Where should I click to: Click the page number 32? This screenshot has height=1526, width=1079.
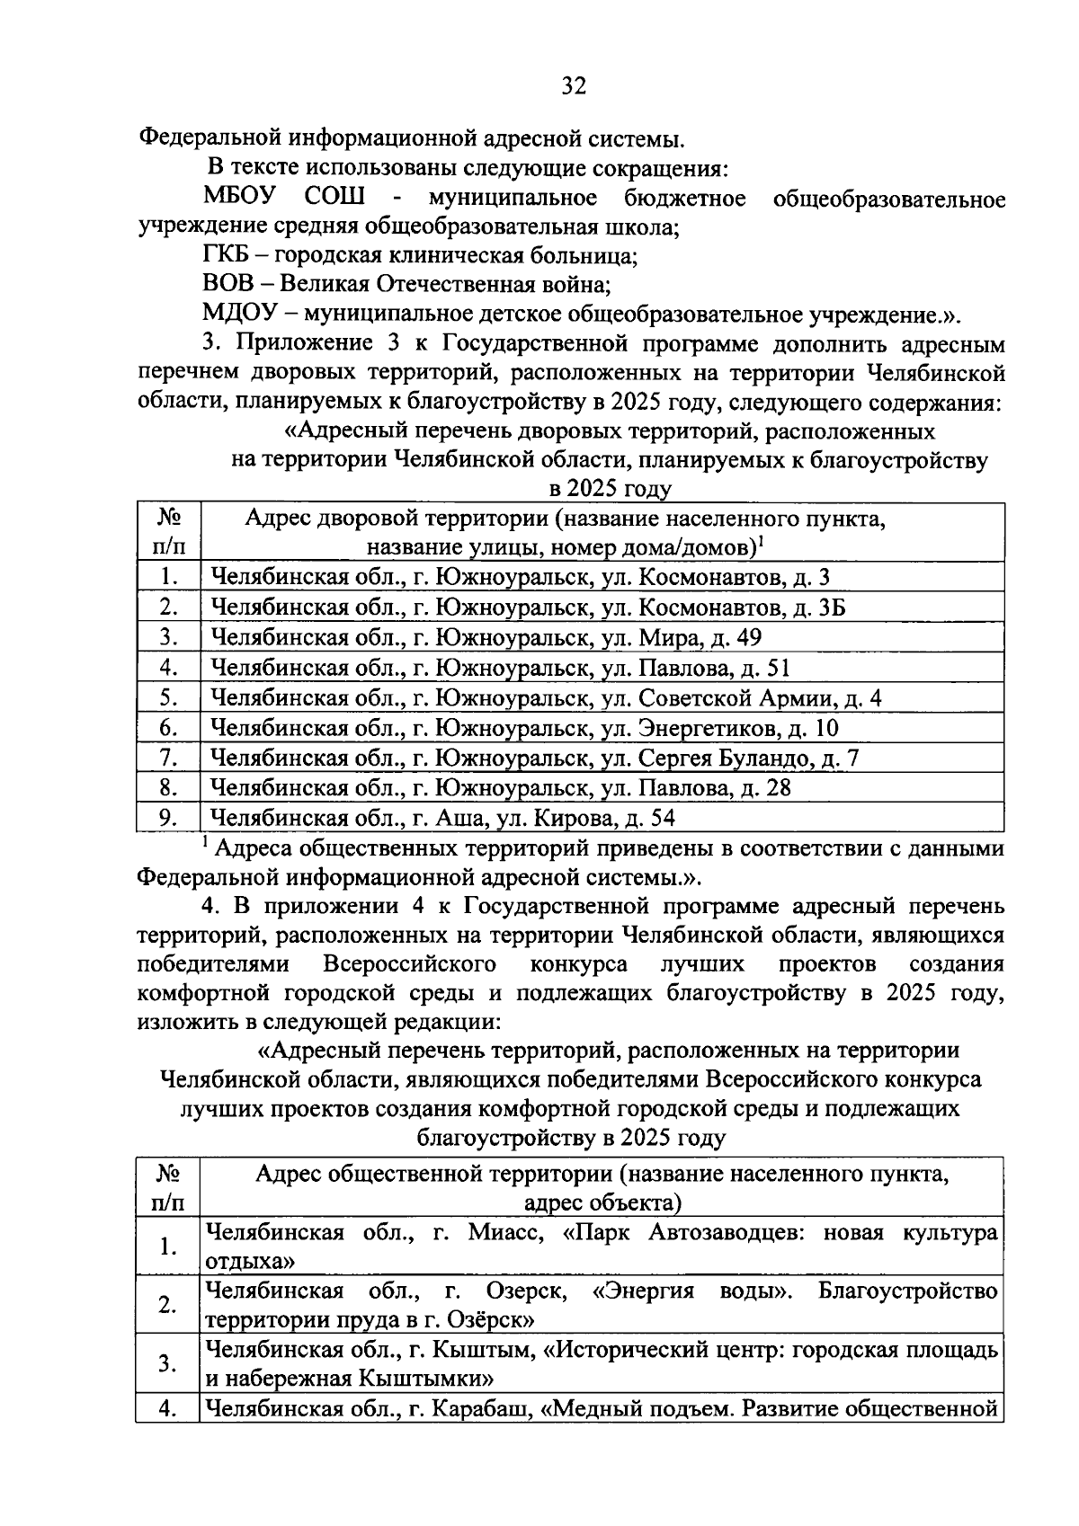[574, 87]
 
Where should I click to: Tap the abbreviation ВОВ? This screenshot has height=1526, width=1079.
[227, 285]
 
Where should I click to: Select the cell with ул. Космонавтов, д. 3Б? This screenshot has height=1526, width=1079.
[528, 608]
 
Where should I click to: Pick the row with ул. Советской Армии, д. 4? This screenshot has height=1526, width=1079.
[546, 698]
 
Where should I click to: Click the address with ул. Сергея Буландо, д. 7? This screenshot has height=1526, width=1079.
[535, 759]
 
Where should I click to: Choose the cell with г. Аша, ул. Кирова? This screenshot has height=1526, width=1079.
[442, 818]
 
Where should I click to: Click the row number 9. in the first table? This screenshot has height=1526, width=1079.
[167, 818]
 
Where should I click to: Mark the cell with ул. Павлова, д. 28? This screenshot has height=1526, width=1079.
[501, 788]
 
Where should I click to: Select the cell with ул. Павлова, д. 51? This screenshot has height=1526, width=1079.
[501, 669]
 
